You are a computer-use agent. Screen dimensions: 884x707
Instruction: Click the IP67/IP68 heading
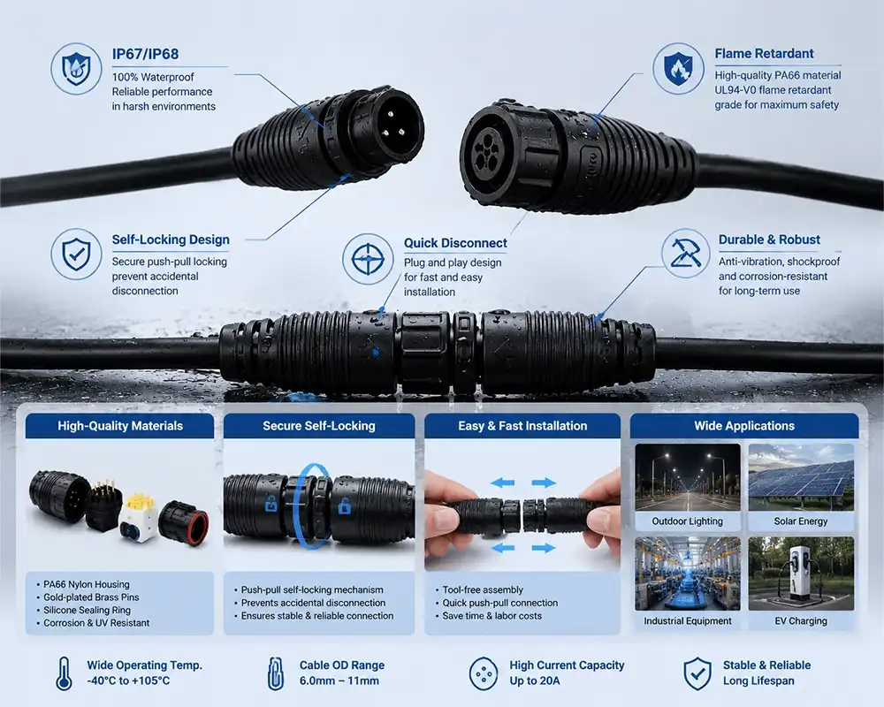tap(146, 54)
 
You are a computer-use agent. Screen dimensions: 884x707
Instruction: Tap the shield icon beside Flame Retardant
tap(678, 69)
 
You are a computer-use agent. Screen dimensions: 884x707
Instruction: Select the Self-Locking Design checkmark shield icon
tap(76, 254)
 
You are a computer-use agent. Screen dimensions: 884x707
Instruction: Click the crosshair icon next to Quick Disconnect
tap(368, 259)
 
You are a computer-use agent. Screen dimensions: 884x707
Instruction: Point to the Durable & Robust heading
tap(769, 239)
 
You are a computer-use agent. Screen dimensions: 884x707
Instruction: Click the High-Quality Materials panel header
tap(120, 426)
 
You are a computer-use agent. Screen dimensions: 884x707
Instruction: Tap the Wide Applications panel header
tap(744, 426)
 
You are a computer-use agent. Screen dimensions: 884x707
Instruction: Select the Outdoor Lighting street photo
tap(687, 477)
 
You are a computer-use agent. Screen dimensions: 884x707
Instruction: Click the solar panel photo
tap(801, 477)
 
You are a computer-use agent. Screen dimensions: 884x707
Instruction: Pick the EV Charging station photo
tap(801, 574)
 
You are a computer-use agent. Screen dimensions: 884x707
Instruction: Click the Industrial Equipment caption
tap(687, 620)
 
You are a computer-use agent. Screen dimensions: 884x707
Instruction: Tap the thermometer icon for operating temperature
tap(65, 673)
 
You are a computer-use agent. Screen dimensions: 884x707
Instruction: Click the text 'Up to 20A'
tap(535, 681)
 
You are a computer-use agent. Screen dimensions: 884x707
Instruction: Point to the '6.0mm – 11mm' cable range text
tap(339, 681)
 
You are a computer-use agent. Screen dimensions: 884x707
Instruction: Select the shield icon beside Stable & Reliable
tap(697, 673)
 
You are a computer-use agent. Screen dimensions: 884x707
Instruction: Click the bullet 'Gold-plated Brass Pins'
tap(91, 597)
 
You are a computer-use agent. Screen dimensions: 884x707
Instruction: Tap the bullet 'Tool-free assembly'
tap(483, 589)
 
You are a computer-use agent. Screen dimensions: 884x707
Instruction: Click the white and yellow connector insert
tap(139, 518)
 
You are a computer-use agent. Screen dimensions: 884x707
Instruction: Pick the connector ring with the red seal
tap(184, 523)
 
